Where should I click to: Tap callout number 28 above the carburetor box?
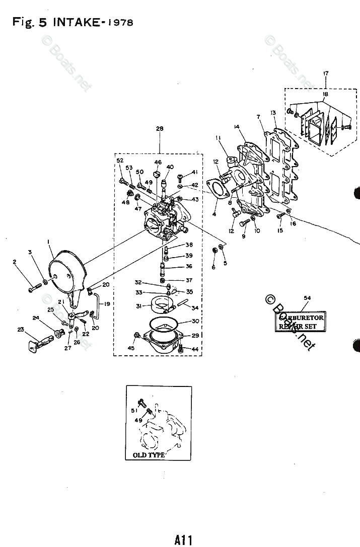[159, 129]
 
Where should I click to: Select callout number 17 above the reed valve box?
[326, 73]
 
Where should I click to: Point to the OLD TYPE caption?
[149, 455]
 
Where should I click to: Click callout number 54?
[307, 298]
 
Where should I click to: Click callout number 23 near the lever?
[21, 330]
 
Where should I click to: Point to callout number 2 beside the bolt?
[15, 262]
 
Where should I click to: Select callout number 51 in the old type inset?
[134, 411]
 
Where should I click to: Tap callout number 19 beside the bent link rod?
[107, 304]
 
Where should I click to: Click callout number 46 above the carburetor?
[158, 162]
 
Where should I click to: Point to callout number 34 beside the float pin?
[194, 308]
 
